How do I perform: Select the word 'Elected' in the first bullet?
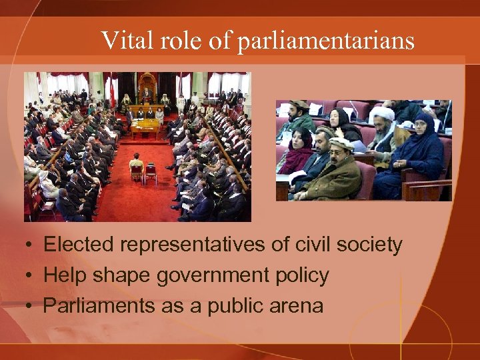79,245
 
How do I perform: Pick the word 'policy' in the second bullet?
301,275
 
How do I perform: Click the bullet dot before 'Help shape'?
30,276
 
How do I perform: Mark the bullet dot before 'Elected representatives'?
30,246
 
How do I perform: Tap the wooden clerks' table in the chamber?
145,125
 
